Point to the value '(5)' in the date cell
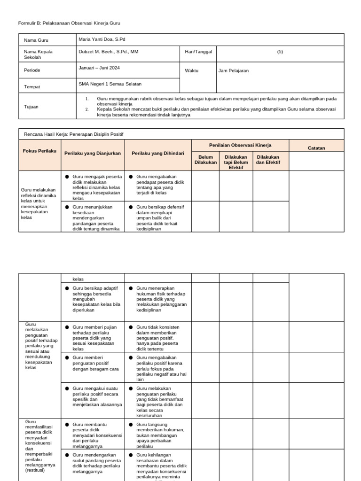[x=280, y=52]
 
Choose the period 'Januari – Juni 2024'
[x=99, y=68]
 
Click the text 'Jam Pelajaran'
[x=234, y=71]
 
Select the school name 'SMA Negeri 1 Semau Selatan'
[x=110, y=84]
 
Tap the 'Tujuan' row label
[x=31, y=107]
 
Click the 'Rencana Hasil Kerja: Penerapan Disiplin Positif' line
[x=73, y=134]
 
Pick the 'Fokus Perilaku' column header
[x=39, y=151]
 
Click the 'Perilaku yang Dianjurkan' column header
[x=93, y=154]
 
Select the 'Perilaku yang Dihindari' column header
[x=158, y=154]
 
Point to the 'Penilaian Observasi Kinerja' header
[x=240, y=145]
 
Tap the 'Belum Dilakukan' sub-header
[x=205, y=160]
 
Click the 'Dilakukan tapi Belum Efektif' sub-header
[x=236, y=162]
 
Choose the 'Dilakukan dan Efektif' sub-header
[x=268, y=160]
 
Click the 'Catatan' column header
[x=316, y=148]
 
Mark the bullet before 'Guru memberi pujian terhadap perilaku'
[x=67, y=327]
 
